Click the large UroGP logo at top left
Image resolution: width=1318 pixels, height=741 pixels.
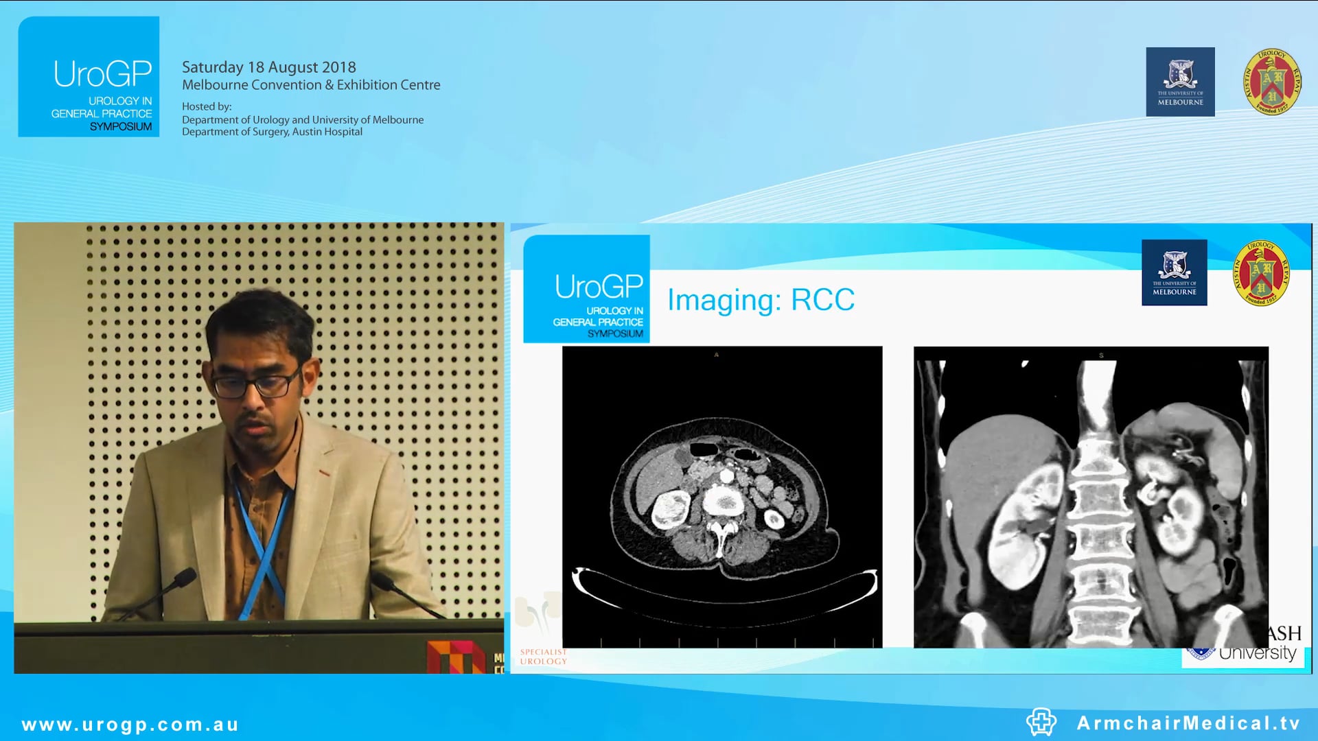[x=89, y=77]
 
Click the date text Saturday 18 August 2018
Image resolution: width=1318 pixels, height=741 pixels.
[x=268, y=67]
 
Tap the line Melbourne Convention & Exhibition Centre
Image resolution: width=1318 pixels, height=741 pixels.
[x=311, y=85]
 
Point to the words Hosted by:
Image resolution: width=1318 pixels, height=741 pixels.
[x=207, y=106]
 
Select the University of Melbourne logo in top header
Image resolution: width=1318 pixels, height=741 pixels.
[x=1180, y=82]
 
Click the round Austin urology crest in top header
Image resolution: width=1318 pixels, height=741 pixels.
[x=1272, y=82]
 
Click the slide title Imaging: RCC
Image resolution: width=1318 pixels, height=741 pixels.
[x=761, y=300]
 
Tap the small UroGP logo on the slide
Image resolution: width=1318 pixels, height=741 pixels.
[x=586, y=289]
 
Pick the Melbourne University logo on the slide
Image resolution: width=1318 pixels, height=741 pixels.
[x=1174, y=272]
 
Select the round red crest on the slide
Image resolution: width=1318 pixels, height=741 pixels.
[x=1261, y=272]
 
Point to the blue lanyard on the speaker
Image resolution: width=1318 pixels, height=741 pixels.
[x=261, y=542]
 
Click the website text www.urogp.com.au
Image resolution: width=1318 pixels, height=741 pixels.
[x=130, y=725]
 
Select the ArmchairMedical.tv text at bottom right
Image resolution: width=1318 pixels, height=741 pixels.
[x=1188, y=723]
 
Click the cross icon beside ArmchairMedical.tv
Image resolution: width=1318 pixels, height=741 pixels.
[x=1041, y=722]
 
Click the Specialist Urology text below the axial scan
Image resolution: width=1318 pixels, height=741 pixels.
[x=543, y=657]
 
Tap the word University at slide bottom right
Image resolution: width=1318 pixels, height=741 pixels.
[x=1257, y=652]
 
